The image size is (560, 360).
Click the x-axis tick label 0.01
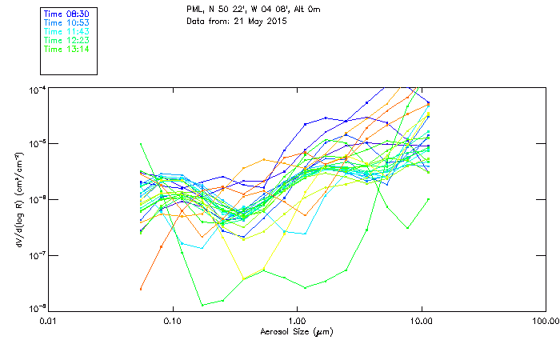click(48, 322)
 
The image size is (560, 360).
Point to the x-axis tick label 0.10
click(172, 322)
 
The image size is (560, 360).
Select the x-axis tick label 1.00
click(297, 322)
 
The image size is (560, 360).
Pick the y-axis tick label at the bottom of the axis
click(34, 309)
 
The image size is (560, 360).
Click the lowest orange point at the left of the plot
click(141, 289)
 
